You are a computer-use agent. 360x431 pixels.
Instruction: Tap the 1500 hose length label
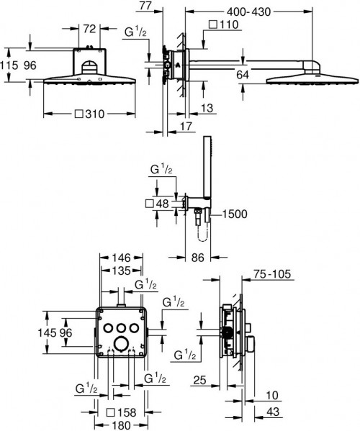(235, 213)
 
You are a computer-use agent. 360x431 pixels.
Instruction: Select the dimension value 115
(8, 63)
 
